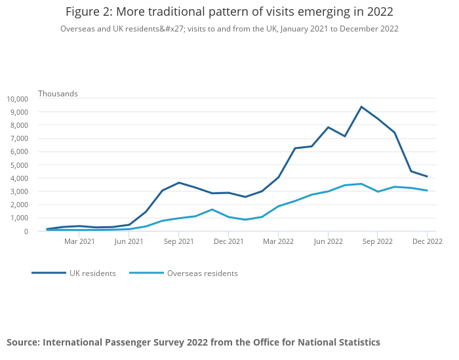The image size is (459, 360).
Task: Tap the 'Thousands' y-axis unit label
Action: click(x=58, y=94)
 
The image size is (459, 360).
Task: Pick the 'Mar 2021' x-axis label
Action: click(x=79, y=241)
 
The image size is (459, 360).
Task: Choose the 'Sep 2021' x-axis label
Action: click(x=179, y=241)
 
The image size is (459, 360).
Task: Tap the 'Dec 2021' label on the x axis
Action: click(x=229, y=241)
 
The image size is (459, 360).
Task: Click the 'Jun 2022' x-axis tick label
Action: click(x=328, y=241)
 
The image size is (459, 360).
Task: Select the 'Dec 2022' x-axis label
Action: click(x=427, y=241)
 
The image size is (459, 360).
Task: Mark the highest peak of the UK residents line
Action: click(x=361, y=107)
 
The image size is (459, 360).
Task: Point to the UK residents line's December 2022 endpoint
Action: click(x=427, y=176)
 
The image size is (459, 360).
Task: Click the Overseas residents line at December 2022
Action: click(x=427, y=191)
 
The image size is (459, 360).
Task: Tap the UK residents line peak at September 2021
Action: click(x=179, y=183)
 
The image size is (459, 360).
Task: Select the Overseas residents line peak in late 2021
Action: click(x=212, y=210)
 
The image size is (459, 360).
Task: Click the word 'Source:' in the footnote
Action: click(x=23, y=342)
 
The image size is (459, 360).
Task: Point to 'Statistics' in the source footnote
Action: click(x=356, y=342)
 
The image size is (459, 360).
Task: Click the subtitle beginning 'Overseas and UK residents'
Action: click(x=229, y=29)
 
